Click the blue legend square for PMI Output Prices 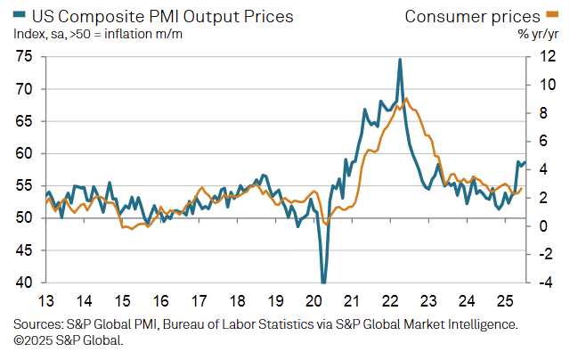point(20,16)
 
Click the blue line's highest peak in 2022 point(400,60)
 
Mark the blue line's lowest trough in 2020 point(323,282)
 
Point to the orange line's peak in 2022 point(406,98)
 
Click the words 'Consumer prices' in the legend point(472,15)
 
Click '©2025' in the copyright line point(33,340)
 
